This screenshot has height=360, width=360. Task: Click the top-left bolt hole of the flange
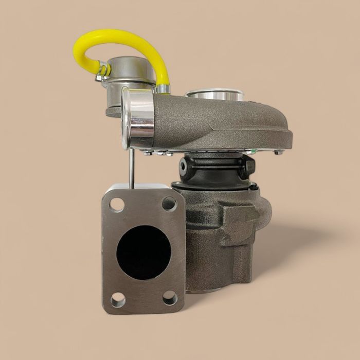[x=117, y=205]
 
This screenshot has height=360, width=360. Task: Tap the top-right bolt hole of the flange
[x=169, y=204]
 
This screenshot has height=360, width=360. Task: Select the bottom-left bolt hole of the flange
[x=118, y=299]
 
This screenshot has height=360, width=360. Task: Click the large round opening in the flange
[x=143, y=251]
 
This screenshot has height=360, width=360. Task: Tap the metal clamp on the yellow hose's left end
[x=102, y=71]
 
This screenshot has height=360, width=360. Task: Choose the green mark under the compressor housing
[x=250, y=152]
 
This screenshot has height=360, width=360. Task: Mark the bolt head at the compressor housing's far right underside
[x=278, y=152]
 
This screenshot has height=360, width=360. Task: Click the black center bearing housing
[x=216, y=170]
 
